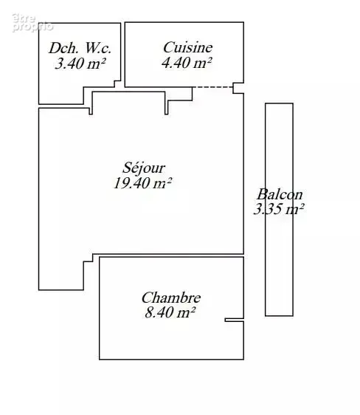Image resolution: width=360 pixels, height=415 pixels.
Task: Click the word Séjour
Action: point(144,168)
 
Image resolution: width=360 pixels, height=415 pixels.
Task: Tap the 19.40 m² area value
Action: point(142,183)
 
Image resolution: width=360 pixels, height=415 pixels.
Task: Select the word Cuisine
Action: point(187,48)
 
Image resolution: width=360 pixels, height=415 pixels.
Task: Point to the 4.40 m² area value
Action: point(187,63)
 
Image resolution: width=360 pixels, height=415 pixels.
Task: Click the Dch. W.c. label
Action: point(80,48)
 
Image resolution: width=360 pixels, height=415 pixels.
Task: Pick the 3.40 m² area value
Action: point(80,64)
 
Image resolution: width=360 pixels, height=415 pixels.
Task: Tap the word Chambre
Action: point(171,298)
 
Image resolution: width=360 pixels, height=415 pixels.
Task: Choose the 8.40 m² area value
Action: point(170,312)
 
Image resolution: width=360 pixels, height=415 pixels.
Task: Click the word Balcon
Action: point(280,194)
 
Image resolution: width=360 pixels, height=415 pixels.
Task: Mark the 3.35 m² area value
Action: point(279,209)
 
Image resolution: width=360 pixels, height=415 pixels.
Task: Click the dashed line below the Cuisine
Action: point(212,87)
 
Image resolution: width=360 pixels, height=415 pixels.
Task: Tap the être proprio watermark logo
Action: point(32,23)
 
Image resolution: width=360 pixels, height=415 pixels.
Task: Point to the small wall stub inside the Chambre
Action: point(234,320)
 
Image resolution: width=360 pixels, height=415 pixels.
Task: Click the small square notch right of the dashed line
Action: point(238,88)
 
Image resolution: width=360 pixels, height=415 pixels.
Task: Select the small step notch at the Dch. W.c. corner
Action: point(117,84)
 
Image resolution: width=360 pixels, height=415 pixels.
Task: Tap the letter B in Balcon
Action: point(261,194)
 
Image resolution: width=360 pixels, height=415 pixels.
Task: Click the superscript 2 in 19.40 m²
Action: point(170,179)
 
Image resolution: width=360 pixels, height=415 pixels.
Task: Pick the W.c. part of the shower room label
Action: point(98,48)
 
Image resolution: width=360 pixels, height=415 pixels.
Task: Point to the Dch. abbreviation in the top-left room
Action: point(63,48)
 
